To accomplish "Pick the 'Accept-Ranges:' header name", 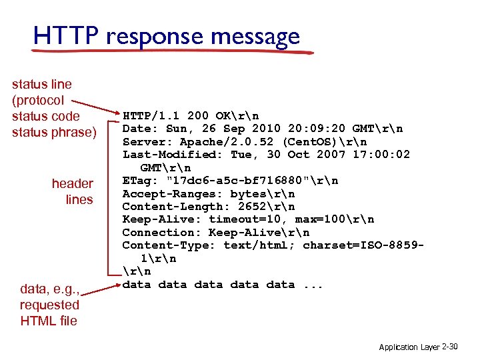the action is (x=173, y=194).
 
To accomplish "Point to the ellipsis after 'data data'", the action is (x=313, y=285).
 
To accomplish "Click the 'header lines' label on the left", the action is (x=73, y=191).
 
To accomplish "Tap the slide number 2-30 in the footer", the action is (x=451, y=347).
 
